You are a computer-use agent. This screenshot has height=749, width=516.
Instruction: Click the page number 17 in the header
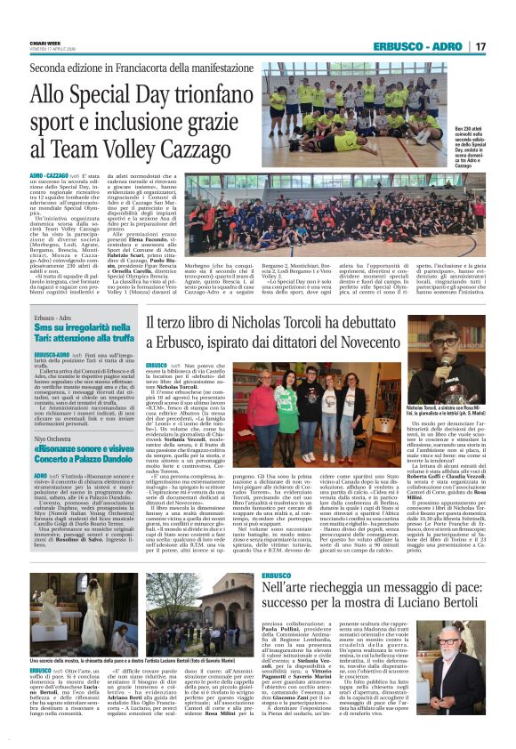click(480, 46)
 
